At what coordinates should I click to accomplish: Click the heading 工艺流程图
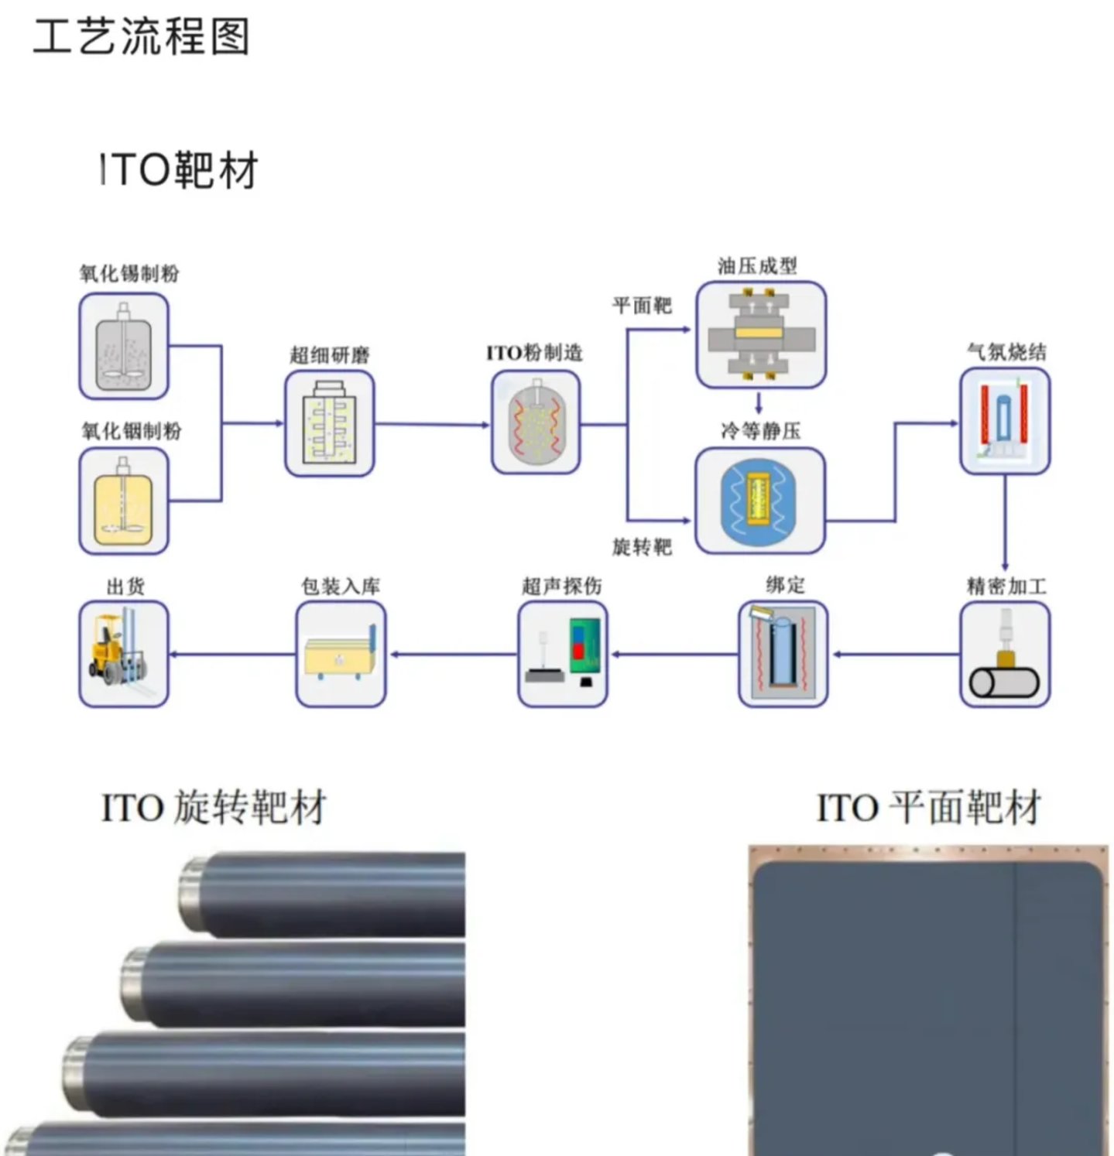click(142, 36)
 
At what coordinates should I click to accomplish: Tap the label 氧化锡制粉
click(129, 273)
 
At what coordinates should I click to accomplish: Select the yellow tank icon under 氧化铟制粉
click(124, 501)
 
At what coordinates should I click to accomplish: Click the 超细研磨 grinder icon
click(330, 423)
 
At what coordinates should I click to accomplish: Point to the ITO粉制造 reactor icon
click(536, 422)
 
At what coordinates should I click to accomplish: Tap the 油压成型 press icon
click(761, 334)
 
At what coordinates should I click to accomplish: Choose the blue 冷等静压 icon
click(760, 500)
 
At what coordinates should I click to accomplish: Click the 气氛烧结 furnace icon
click(1005, 422)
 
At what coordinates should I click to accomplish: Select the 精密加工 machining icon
click(1005, 655)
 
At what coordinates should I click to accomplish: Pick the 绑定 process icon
click(783, 655)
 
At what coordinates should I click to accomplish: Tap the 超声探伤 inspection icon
click(563, 655)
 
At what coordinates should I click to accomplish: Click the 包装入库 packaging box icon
click(341, 655)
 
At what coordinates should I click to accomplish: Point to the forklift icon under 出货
click(124, 655)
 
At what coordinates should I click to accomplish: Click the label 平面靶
click(642, 306)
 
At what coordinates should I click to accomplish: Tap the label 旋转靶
click(642, 547)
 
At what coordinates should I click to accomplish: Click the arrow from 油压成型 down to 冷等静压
click(759, 402)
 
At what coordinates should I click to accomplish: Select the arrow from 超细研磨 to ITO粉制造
click(432, 424)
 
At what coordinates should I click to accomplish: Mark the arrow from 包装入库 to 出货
click(232, 655)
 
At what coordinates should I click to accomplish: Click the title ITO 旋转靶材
click(214, 808)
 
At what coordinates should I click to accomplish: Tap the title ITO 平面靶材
click(929, 808)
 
